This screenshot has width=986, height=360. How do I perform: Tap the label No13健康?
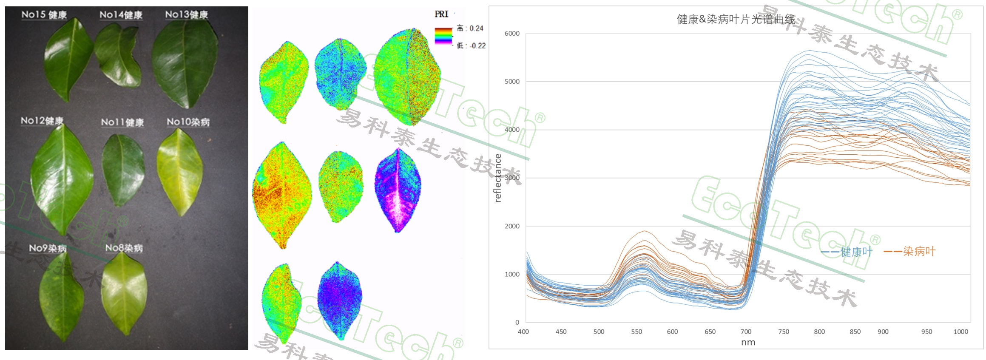click(186, 14)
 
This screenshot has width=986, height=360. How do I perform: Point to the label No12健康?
click(42, 121)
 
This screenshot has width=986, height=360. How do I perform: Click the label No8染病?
click(124, 248)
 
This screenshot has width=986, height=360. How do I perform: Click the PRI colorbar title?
click(441, 14)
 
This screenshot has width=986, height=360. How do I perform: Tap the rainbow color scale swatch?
click(443, 36)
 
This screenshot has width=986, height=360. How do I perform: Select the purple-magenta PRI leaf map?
click(398, 190)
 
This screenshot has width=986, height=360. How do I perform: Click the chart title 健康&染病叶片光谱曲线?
click(736, 19)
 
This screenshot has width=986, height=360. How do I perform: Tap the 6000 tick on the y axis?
click(512, 34)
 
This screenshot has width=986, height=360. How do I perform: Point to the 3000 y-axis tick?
click(512, 178)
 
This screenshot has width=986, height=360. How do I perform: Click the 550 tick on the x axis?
click(636, 332)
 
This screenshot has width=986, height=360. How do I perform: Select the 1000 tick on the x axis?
click(960, 332)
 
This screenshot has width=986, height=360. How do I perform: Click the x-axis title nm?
click(748, 343)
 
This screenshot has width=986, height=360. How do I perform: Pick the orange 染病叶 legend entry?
click(910, 252)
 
